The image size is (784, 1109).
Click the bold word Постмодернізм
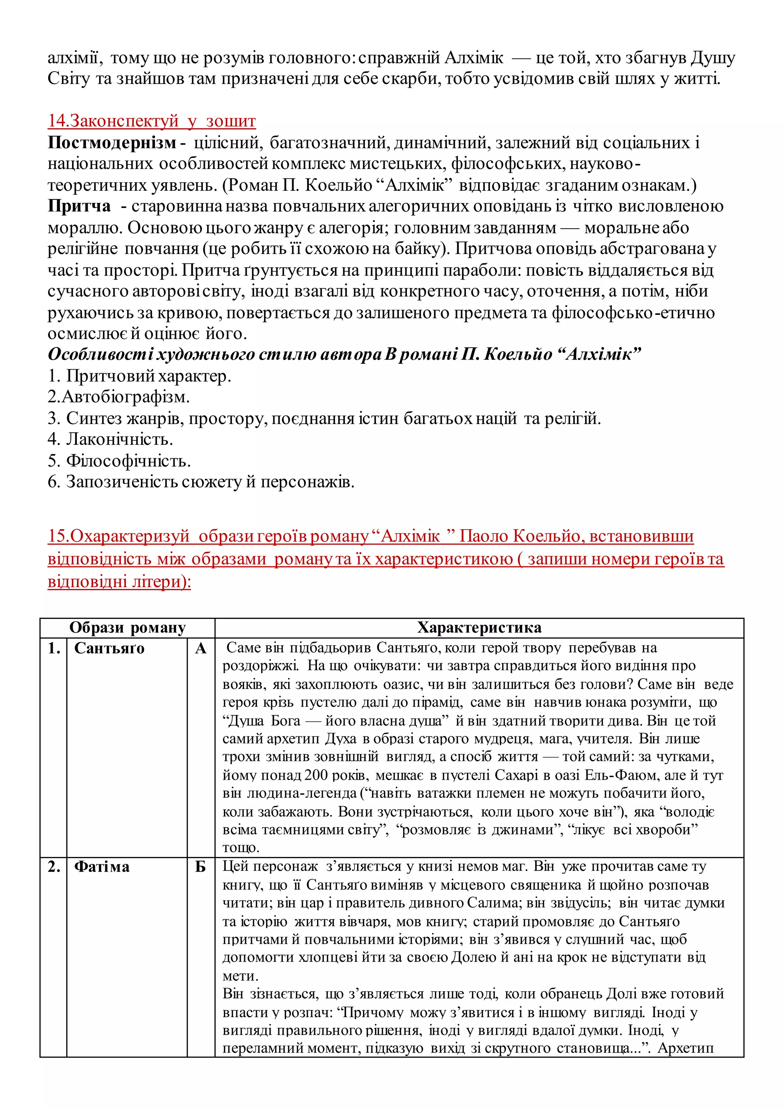[x=112, y=143]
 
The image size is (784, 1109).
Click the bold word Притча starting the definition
[x=79, y=206]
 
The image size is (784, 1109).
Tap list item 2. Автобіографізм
[x=119, y=397]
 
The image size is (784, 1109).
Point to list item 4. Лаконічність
[x=110, y=439]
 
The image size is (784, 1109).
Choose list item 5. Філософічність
[x=119, y=461]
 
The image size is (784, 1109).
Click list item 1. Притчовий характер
[x=139, y=376]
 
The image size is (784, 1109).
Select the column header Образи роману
[x=127, y=627]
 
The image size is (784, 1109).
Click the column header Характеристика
[x=479, y=627]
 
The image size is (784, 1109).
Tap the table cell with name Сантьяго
[x=109, y=648]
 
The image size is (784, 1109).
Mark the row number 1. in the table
[x=54, y=648]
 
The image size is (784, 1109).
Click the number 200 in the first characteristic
[x=317, y=775]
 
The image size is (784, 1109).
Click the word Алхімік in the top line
[x=474, y=58]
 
